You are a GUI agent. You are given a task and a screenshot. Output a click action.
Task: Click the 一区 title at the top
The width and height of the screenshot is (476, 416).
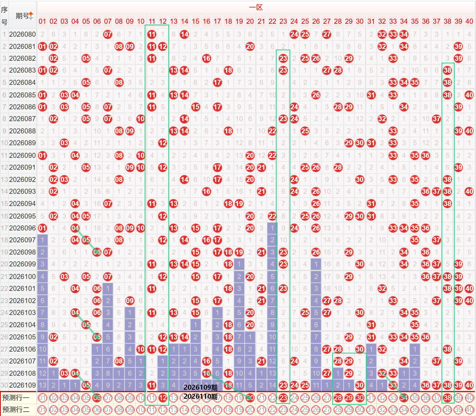[256, 7]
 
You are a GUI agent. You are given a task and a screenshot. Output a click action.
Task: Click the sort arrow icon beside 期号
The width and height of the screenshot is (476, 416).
[31, 16]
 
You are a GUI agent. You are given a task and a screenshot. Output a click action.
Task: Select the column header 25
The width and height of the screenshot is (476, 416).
[305, 21]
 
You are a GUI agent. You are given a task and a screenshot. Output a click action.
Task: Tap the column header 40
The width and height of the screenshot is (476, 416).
[469, 21]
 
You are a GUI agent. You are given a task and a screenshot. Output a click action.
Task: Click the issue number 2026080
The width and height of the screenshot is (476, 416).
[22, 35]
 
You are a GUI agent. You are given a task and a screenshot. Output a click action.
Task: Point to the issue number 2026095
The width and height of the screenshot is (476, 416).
[22, 216]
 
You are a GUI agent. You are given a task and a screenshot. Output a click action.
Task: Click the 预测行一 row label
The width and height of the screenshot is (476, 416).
[16, 398]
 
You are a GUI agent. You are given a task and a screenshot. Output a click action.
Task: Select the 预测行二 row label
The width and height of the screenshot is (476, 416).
[16, 410]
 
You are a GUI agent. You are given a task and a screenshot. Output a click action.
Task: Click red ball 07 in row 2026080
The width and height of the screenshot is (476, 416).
[108, 35]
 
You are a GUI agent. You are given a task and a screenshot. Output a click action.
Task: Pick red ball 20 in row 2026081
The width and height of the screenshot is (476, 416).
[250, 46]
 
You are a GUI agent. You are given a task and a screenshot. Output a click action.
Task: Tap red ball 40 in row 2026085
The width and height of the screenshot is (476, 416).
[469, 95]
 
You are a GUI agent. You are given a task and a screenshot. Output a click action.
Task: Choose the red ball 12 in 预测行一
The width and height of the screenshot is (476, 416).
[163, 398]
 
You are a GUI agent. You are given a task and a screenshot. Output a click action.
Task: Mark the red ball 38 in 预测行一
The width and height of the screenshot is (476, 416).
[448, 398]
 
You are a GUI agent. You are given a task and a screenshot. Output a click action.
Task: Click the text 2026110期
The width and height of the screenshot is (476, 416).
[200, 397]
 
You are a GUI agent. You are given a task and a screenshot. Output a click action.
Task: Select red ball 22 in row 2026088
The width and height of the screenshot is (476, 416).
[272, 131]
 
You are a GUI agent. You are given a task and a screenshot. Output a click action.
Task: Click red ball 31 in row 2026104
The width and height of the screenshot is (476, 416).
[371, 325]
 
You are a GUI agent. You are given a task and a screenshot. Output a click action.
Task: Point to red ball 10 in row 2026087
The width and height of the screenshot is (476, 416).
[141, 119]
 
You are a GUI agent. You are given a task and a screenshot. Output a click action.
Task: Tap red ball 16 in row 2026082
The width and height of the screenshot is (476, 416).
[207, 58]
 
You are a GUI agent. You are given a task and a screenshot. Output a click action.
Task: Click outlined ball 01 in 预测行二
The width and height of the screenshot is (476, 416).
[42, 410]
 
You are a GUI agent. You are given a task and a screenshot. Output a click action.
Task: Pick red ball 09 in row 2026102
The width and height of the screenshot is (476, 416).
[130, 301]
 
